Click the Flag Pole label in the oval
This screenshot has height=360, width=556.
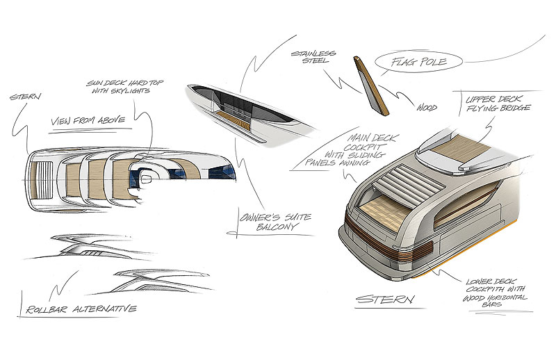click(418, 62)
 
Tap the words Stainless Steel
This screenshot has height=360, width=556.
click(313, 57)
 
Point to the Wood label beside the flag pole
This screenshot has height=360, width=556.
click(427, 107)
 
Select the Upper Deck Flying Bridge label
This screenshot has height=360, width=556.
click(498, 104)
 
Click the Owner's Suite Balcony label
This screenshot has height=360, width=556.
click(275, 222)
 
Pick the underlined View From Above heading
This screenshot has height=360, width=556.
click(88, 121)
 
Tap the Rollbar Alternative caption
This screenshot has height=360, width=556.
click(81, 309)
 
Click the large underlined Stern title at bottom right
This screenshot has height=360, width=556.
click(385, 300)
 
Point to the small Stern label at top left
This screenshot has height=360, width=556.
click(25, 97)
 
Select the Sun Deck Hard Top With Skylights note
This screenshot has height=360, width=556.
click(124, 87)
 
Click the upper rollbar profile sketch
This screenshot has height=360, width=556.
click(90, 246)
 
